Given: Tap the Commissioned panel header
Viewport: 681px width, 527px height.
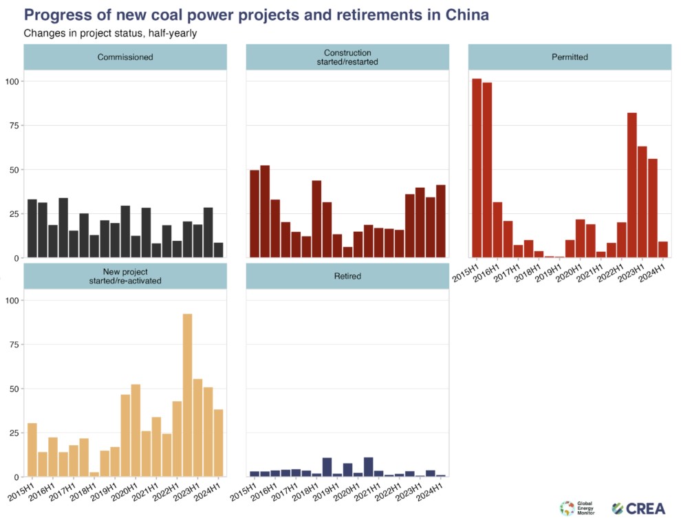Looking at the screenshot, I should click(125, 57).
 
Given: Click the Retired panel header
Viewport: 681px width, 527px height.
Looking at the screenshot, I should click(347, 276).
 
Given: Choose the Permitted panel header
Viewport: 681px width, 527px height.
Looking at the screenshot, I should click(570, 57).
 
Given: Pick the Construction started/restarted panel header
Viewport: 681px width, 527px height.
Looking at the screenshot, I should click(347, 57).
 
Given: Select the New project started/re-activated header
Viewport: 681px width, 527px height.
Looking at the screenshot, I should click(125, 276).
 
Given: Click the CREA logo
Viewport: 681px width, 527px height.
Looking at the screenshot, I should click(639, 509).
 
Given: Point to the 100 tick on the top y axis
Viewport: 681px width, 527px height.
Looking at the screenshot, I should click(11, 81).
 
